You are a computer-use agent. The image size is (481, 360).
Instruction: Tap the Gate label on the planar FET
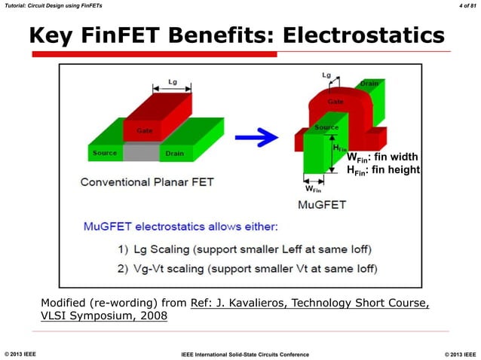(x=145, y=131)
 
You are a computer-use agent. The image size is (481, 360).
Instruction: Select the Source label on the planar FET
(x=105, y=153)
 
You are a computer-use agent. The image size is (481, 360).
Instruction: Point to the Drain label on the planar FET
(x=173, y=153)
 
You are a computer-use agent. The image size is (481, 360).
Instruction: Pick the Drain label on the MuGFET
(x=369, y=84)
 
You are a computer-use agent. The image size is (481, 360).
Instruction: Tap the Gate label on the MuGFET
(x=335, y=102)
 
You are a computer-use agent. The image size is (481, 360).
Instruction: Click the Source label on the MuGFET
(x=326, y=128)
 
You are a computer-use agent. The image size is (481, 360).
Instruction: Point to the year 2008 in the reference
(x=151, y=316)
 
